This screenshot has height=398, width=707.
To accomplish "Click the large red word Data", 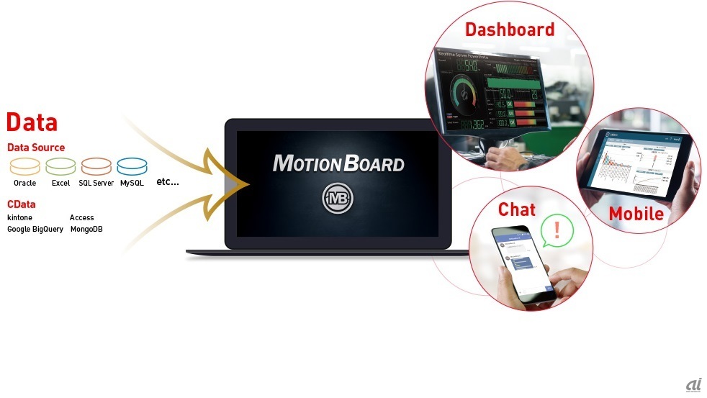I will click(x=32, y=122).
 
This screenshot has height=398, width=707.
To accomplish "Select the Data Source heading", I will click(x=36, y=148).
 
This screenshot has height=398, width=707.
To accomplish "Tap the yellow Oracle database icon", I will click(x=25, y=167).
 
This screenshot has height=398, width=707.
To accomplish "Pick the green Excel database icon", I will click(x=60, y=167).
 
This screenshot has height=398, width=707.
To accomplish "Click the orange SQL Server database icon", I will click(x=96, y=167).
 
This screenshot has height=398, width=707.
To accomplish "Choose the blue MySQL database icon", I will click(x=132, y=167).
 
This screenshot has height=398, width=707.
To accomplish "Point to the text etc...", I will click(x=168, y=181).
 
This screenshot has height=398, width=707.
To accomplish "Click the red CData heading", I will click(x=22, y=204).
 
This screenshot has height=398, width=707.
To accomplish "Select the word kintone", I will click(x=19, y=217).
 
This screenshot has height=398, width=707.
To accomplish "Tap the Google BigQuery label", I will click(x=35, y=229).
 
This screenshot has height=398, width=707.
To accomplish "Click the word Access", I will click(x=82, y=217).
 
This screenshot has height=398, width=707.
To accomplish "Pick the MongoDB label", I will click(x=87, y=229).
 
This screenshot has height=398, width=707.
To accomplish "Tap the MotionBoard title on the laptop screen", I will click(x=338, y=163).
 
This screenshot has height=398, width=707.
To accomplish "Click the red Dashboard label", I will click(x=510, y=30).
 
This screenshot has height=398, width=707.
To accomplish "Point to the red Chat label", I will click(x=517, y=209).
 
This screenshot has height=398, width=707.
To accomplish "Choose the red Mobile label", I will click(x=636, y=214).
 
